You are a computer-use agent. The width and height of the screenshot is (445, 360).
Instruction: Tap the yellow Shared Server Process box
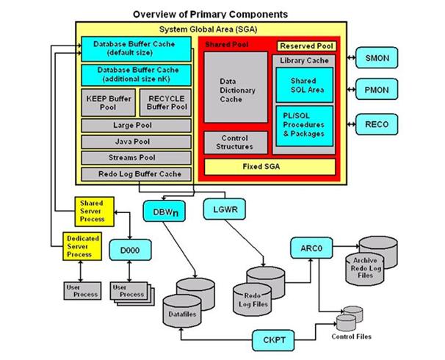[x=92, y=210]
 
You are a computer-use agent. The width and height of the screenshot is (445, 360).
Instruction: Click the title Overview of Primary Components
[x=209, y=14]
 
